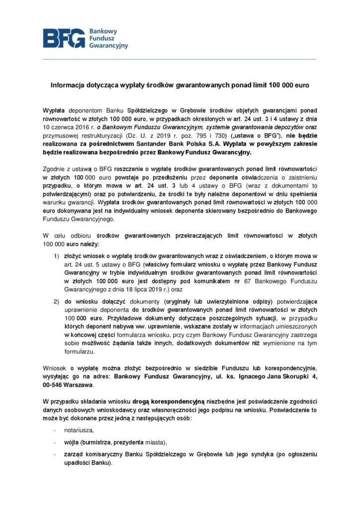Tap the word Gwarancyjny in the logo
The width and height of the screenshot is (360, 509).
(108, 45)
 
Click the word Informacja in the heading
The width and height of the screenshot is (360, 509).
(68, 85)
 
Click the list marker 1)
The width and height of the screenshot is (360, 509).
(57, 256)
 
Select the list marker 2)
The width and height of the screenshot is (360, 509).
(57, 301)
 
